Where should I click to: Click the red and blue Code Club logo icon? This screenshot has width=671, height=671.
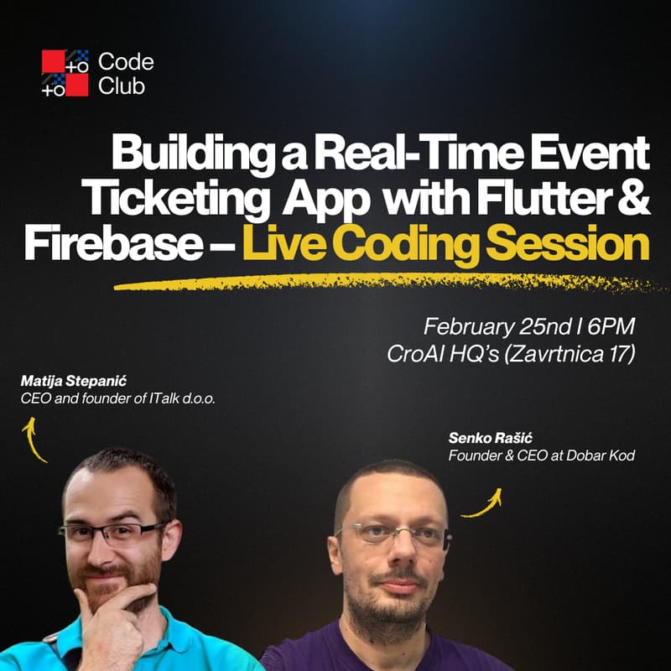pos(65,73)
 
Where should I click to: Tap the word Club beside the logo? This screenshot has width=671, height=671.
pos(120,85)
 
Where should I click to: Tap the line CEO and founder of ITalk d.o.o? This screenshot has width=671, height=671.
pos(118,399)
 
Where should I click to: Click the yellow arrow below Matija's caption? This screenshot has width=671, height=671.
pos(34,440)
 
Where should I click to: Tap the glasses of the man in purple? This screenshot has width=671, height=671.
pos(395,535)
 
